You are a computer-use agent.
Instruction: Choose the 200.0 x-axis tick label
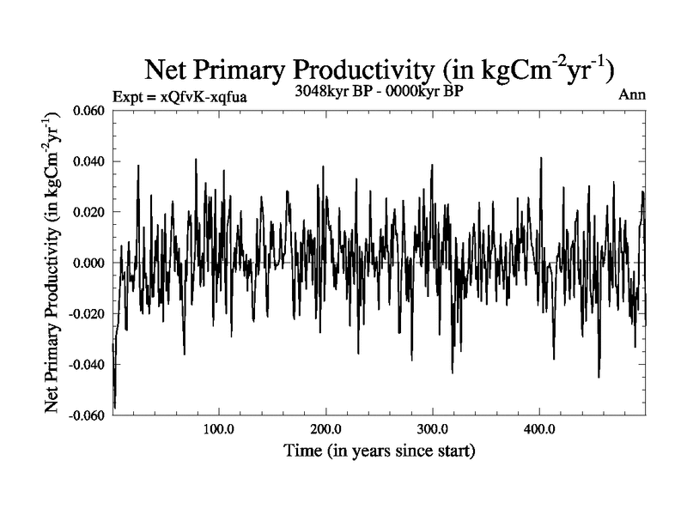tap(325, 429)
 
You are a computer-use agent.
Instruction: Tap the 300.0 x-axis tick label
tap(432, 429)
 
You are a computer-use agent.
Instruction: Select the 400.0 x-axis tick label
tap(538, 429)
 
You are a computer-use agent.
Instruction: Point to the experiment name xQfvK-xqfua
tap(198, 96)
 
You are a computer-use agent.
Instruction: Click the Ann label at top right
tap(632, 95)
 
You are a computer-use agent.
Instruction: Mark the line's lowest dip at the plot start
tap(114, 407)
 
